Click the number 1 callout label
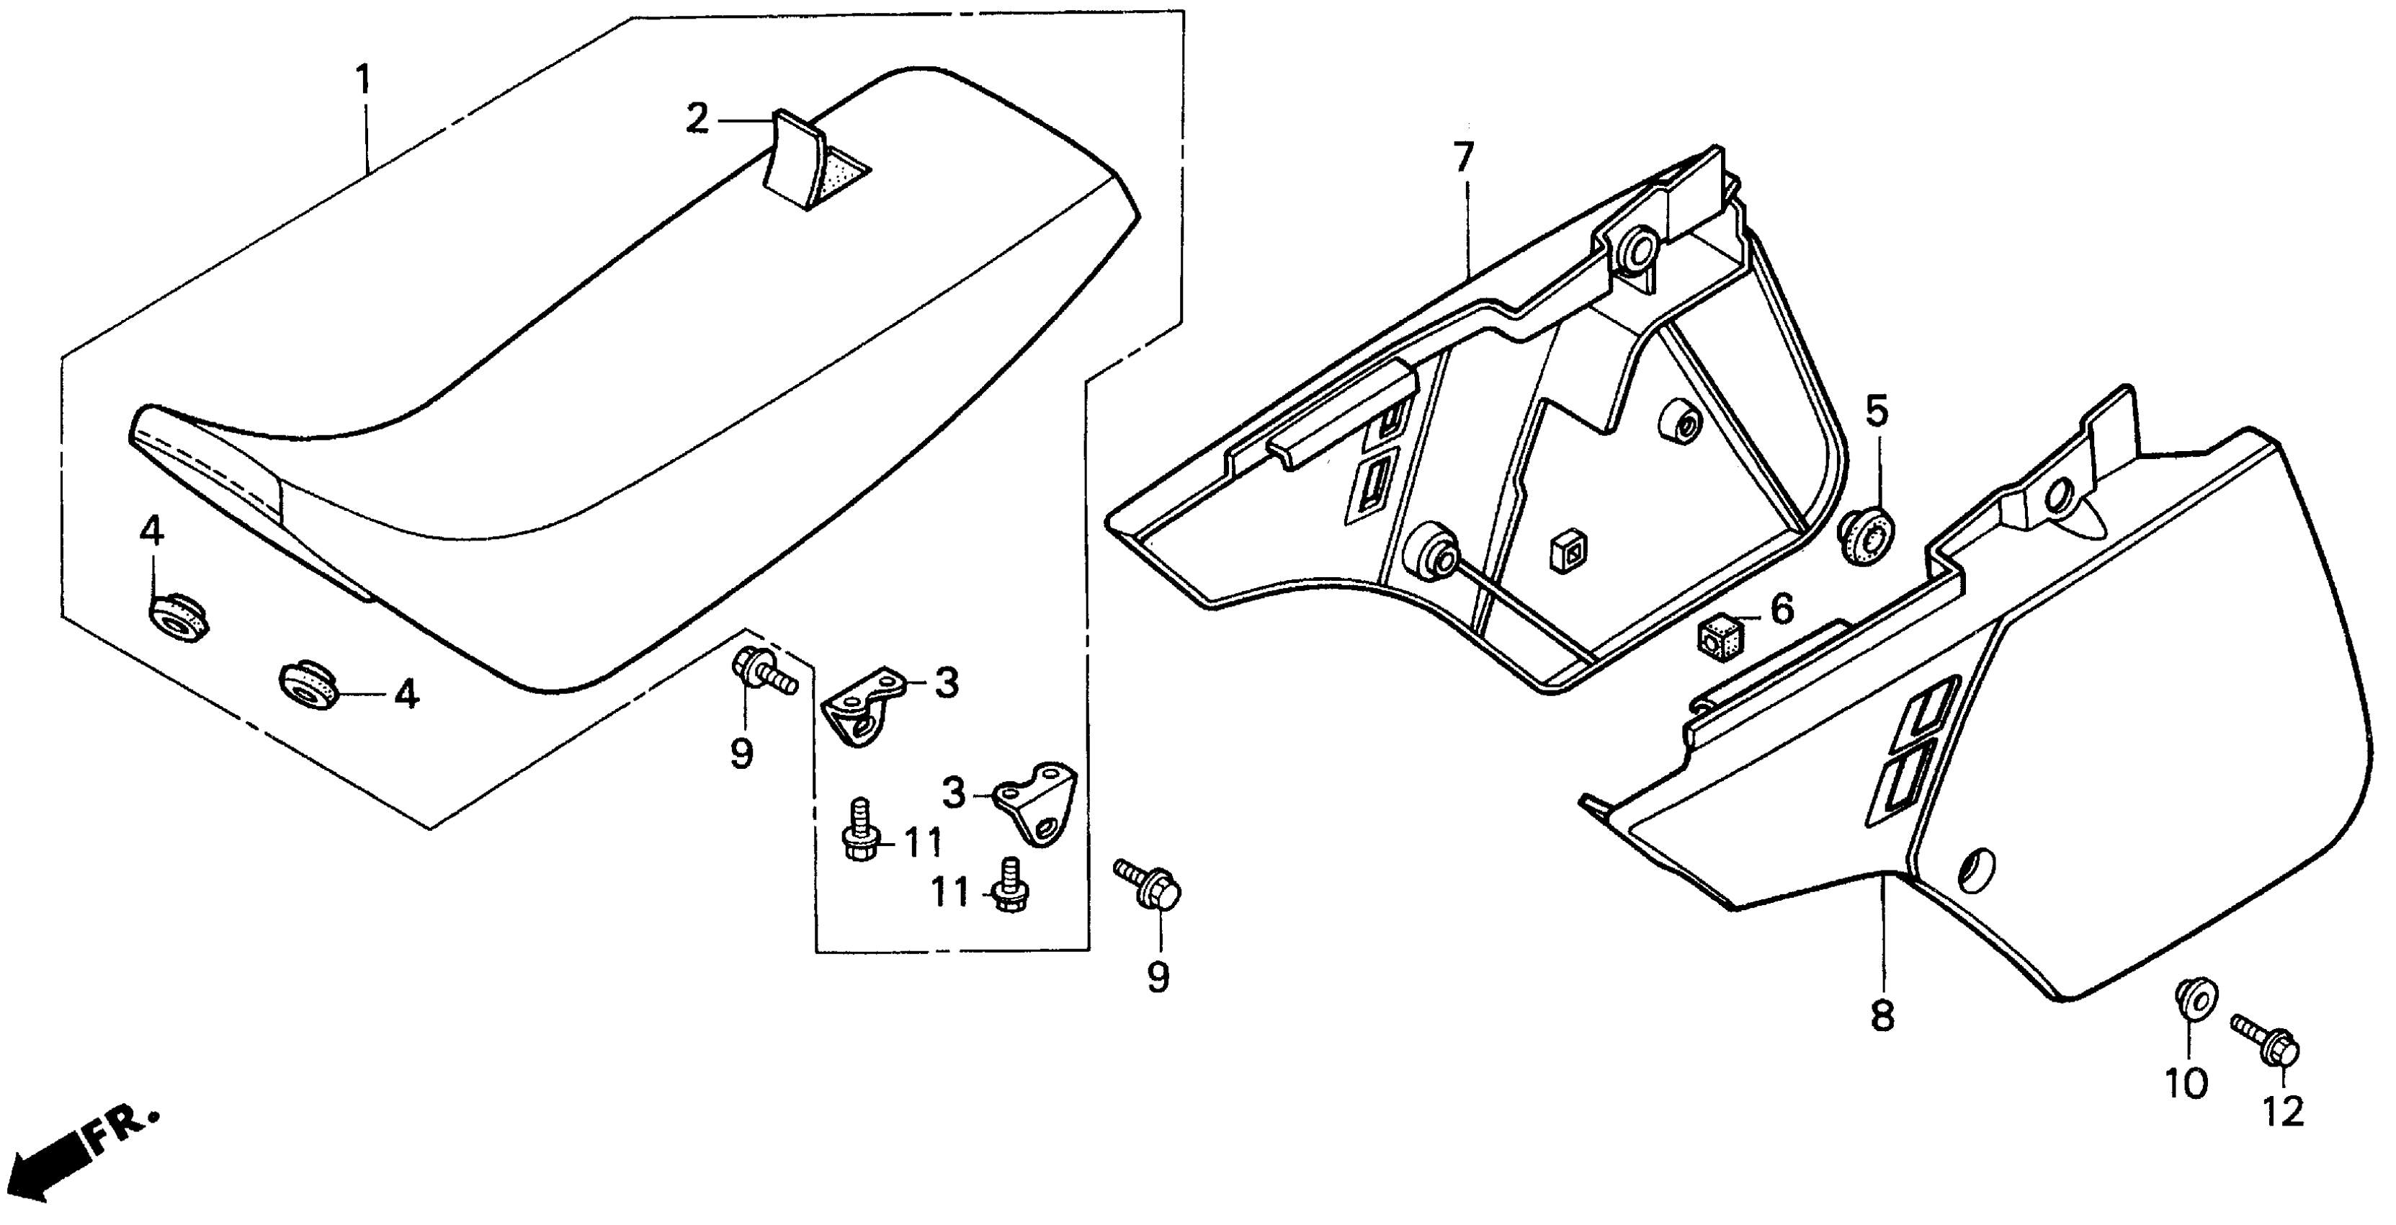364,80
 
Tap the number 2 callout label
697,119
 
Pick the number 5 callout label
1877,410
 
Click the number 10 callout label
2186,1083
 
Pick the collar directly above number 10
2195,1001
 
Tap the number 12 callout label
2284,1110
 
